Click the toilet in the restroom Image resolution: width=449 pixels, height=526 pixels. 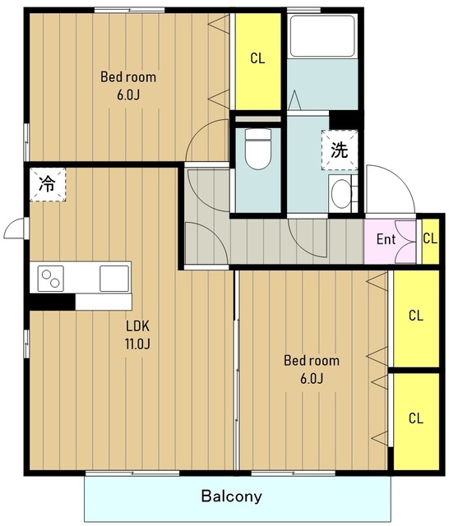pyautogui.click(x=257, y=149)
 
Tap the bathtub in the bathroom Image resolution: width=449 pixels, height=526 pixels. pyautogui.click(x=322, y=35)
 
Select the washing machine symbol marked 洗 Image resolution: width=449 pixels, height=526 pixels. pyautogui.click(x=340, y=150)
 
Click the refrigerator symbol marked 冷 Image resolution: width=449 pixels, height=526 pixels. pyautogui.click(x=48, y=184)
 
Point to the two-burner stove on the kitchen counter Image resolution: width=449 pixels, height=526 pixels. pyautogui.click(x=51, y=279)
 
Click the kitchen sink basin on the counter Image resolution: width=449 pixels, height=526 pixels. pyautogui.click(x=114, y=279)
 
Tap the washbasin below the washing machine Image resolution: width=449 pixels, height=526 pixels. pyautogui.click(x=341, y=194)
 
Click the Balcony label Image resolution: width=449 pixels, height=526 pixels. pyautogui.click(x=232, y=496)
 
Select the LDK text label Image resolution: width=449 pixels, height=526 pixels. pyautogui.click(x=137, y=326)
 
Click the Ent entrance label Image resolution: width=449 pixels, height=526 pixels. pyautogui.click(x=386, y=239)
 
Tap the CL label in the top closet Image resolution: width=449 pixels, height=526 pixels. pyautogui.click(x=257, y=58)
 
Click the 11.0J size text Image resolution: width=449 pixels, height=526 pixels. pyautogui.click(x=137, y=344)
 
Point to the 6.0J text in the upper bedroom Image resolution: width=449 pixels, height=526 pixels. pyautogui.click(x=128, y=95)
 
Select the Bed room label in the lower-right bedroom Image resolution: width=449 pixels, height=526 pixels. pyautogui.click(x=312, y=361)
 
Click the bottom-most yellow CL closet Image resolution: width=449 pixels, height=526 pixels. pyautogui.click(x=416, y=422)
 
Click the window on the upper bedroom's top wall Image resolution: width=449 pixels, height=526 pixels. pyautogui.click(x=130, y=10)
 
